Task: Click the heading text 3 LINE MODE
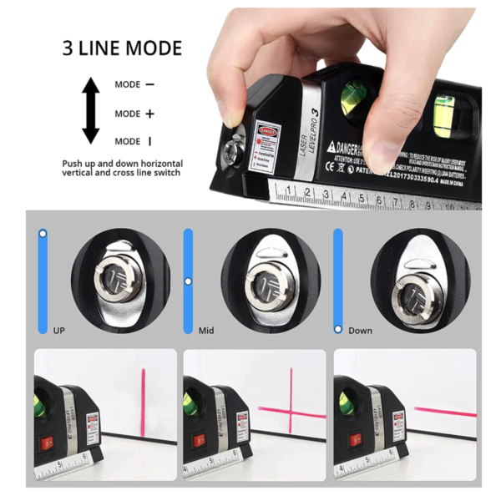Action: point(121,48)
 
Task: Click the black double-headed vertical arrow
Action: point(89,112)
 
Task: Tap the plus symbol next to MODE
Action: point(149,114)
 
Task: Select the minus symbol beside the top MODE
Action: point(149,84)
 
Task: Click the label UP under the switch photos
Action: point(58,331)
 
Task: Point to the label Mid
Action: point(206,331)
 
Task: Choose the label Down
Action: point(361,331)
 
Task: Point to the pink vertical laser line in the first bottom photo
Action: point(144,392)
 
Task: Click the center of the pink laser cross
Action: point(291,408)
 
